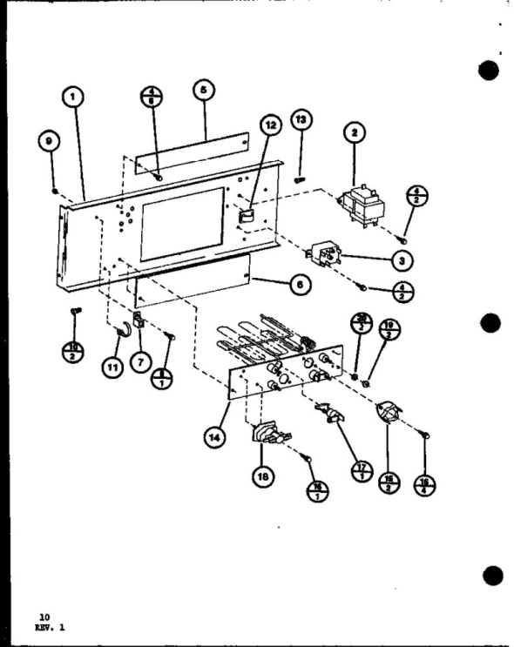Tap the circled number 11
112,368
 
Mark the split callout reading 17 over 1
358,471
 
